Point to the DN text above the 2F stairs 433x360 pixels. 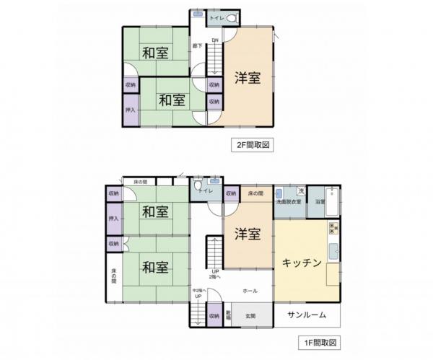(x=215, y=40)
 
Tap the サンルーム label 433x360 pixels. (x=307, y=315)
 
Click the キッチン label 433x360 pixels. (x=302, y=263)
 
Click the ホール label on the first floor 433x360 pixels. (x=250, y=290)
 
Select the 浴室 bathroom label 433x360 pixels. (x=319, y=203)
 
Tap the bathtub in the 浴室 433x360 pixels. (x=333, y=203)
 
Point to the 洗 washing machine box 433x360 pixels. (x=302, y=191)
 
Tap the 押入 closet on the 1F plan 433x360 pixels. (x=113, y=217)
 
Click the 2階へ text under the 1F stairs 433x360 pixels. (x=214, y=277)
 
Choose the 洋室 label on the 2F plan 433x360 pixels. (x=247, y=79)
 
